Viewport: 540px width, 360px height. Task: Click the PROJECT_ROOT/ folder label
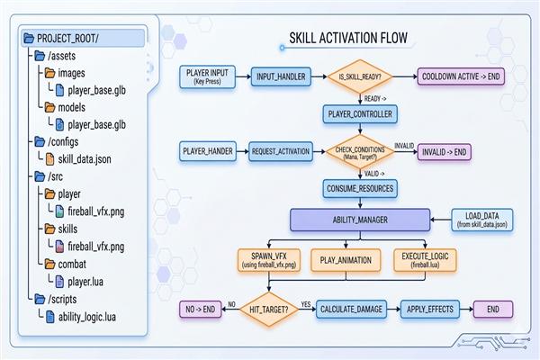click(x=67, y=38)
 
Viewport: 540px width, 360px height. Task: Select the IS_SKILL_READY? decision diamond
click(x=360, y=76)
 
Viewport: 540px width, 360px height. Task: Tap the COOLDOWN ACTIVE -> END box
click(x=461, y=76)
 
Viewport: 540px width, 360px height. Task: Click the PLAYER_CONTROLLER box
click(x=360, y=114)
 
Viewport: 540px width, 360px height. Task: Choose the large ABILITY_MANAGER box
click(x=360, y=220)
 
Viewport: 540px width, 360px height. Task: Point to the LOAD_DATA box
click(x=482, y=220)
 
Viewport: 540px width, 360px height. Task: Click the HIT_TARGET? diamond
click(x=269, y=310)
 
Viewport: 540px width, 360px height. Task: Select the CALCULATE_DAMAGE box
click(x=351, y=310)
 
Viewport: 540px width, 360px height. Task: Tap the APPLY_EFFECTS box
click(x=430, y=310)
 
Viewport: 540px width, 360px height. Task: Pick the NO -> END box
click(x=201, y=310)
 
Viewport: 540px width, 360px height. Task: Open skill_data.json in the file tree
click(x=85, y=159)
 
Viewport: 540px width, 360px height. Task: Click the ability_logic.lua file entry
click(x=86, y=317)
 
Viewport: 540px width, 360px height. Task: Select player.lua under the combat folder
click(x=85, y=282)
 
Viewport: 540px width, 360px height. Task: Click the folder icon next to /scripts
click(x=40, y=299)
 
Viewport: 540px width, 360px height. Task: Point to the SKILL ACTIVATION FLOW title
click(x=348, y=38)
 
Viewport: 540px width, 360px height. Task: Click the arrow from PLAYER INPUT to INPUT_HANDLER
click(x=244, y=76)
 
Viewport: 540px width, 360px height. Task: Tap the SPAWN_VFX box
click(x=269, y=260)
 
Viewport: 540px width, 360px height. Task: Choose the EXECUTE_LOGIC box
click(x=425, y=260)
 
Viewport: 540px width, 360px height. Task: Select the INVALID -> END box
click(x=445, y=152)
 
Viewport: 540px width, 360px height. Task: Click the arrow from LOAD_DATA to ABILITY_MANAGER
click(x=441, y=220)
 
